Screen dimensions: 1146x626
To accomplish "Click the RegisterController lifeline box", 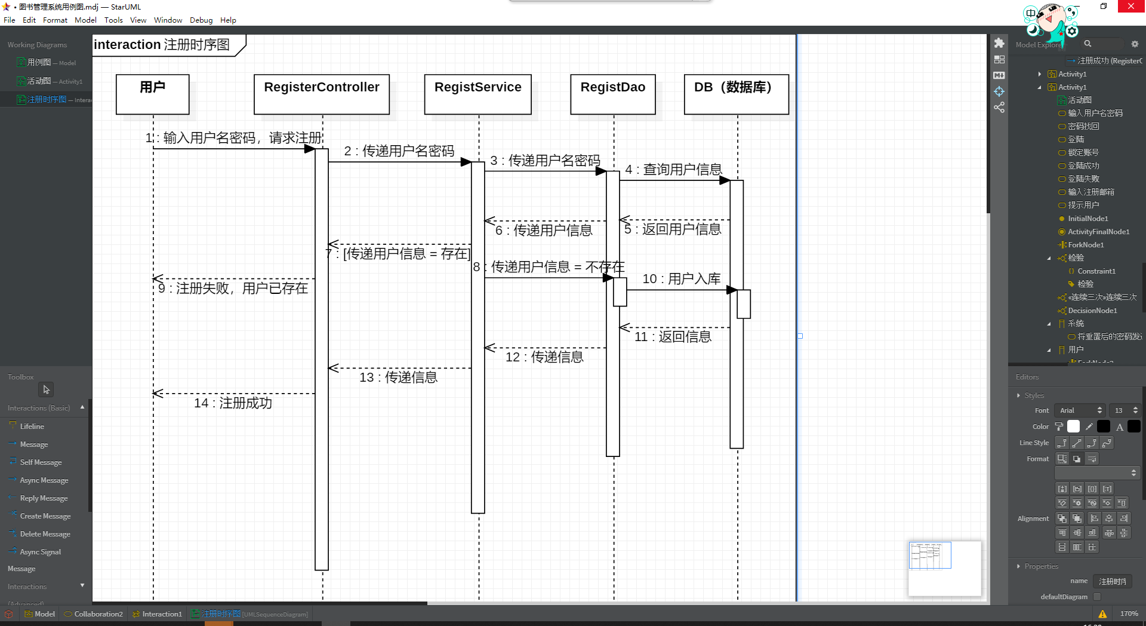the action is (x=321, y=94).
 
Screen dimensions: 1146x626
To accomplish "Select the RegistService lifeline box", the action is (x=478, y=94).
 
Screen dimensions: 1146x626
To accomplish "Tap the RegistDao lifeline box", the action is (x=612, y=94).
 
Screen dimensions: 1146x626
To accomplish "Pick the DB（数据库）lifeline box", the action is (x=736, y=94).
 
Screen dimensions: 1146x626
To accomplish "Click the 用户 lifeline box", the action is (x=152, y=94).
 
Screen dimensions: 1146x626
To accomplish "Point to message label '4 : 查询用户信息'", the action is (x=673, y=170).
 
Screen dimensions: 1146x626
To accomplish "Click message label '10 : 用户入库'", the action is (x=681, y=279).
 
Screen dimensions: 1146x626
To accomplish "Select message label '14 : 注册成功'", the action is (x=233, y=403).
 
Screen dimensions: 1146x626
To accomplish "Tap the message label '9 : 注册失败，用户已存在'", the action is (x=233, y=289).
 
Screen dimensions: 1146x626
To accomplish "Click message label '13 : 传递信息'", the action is (x=398, y=378).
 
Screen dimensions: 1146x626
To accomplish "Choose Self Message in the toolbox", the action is (x=41, y=462).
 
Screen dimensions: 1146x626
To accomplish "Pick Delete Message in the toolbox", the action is (x=45, y=534).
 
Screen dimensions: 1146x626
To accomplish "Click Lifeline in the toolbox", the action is (x=32, y=426).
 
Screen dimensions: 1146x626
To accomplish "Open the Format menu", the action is (x=55, y=20).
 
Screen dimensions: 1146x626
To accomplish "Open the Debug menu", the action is (x=201, y=20).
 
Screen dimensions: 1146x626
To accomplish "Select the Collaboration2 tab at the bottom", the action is (x=98, y=614).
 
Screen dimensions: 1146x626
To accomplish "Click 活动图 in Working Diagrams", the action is (x=39, y=81).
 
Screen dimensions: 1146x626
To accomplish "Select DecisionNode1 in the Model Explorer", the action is (x=1092, y=311).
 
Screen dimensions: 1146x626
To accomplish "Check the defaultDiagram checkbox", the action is (x=1097, y=597).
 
